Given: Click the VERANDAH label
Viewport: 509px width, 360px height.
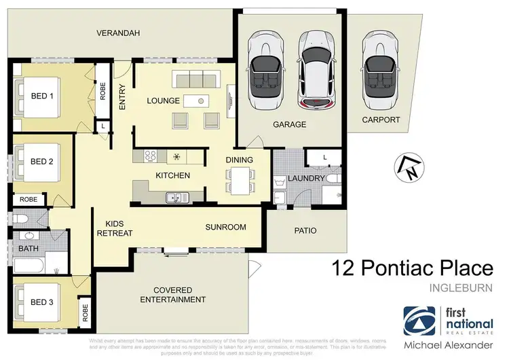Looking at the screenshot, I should click(x=117, y=33).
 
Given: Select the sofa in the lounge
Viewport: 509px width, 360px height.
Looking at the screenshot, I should click(x=197, y=79).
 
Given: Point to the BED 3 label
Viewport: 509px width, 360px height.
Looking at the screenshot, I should click(x=42, y=302).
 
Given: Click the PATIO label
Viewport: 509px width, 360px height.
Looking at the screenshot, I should click(x=305, y=231).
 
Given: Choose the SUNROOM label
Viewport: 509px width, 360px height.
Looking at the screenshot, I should click(x=225, y=228).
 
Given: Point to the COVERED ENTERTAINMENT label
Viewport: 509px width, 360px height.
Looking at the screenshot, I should click(x=172, y=294).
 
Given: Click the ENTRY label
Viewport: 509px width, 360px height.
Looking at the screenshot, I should click(x=123, y=96).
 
